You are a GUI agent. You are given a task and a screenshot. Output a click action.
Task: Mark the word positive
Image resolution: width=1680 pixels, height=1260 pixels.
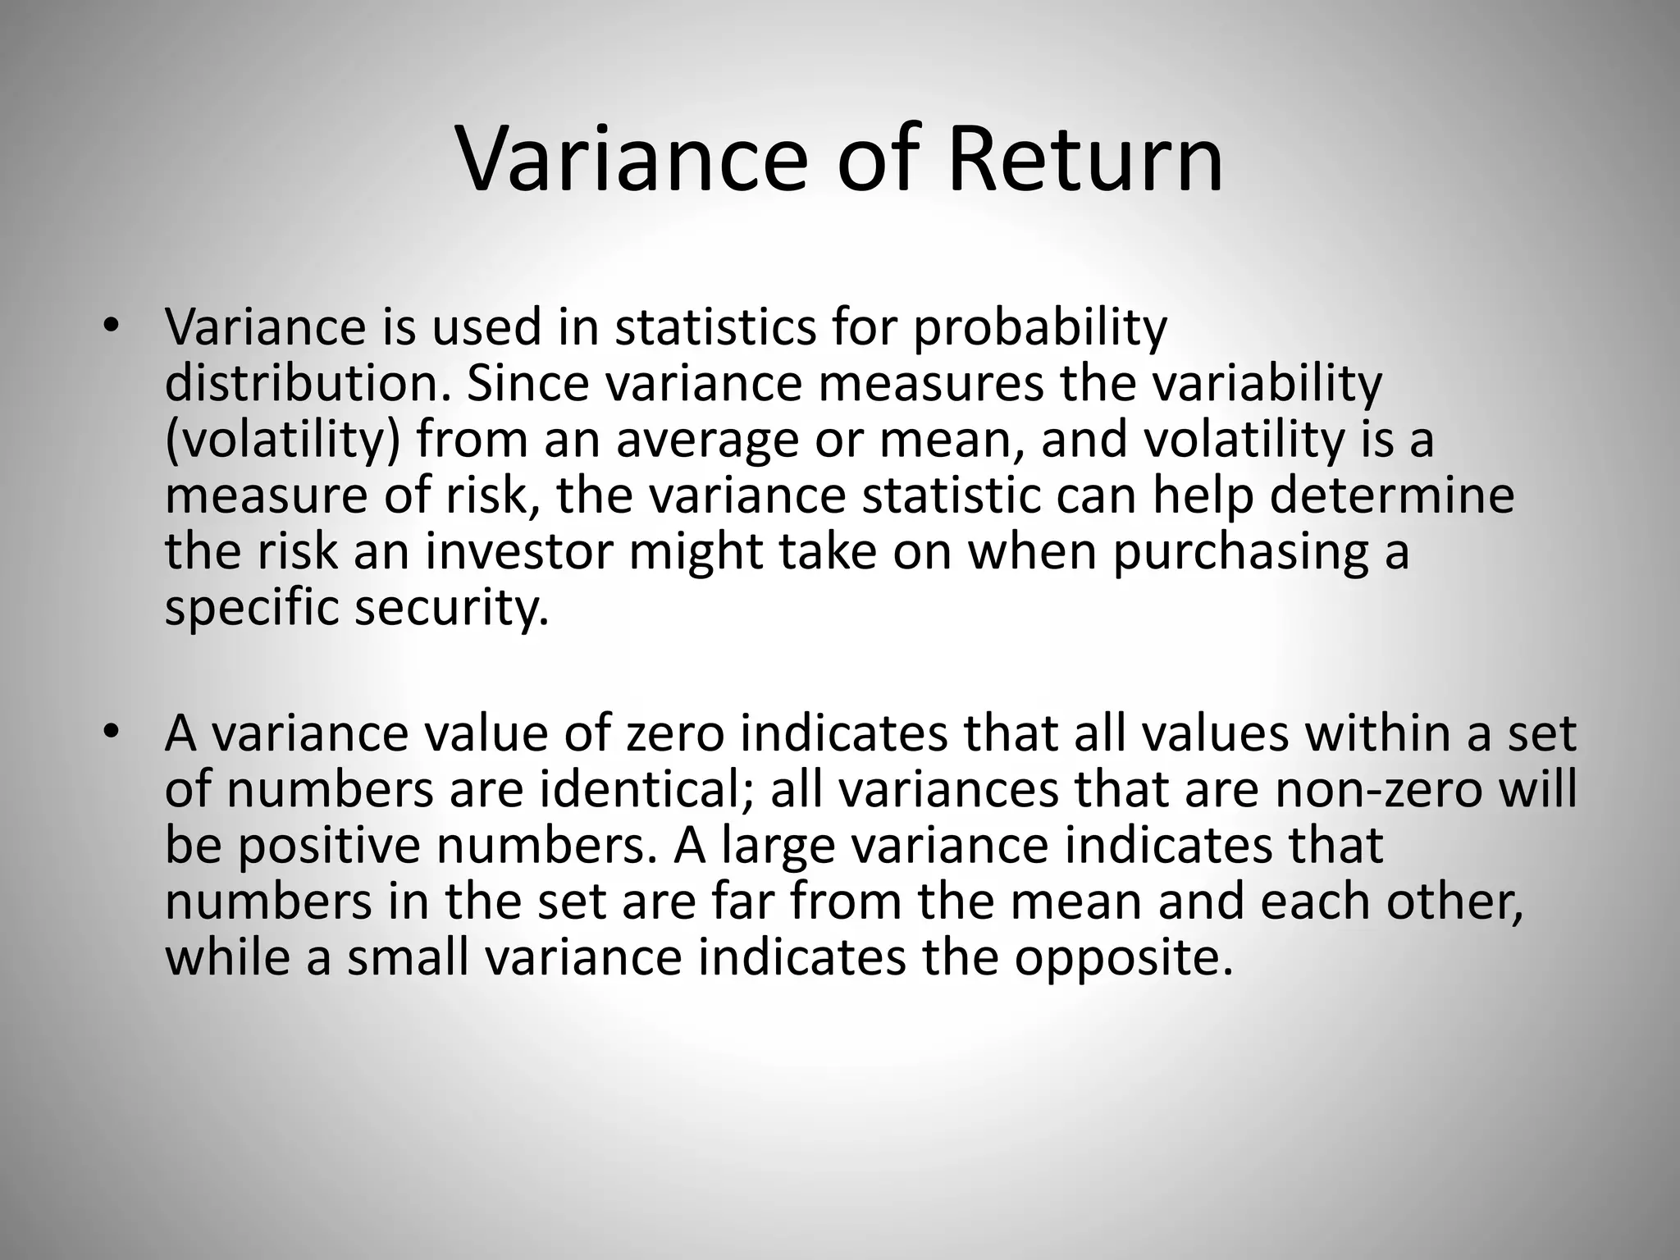tap(329, 847)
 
